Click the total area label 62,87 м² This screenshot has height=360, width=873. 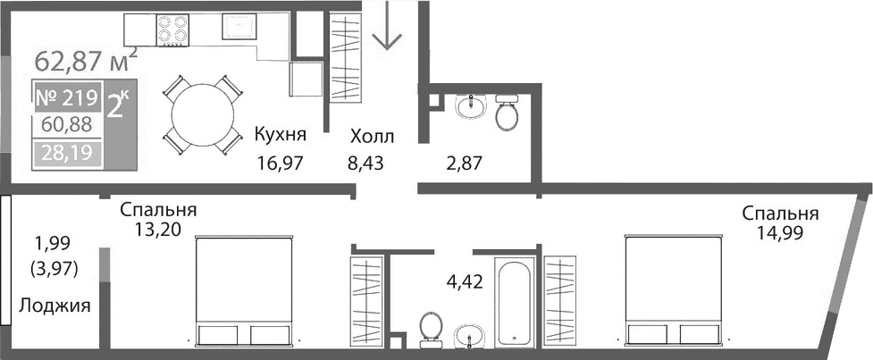85,61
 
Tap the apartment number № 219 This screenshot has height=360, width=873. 68,96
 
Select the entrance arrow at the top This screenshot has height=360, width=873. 388,27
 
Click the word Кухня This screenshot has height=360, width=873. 281,136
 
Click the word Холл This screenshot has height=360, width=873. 372,137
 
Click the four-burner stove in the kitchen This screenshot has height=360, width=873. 176,30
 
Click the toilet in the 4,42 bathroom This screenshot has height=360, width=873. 430,328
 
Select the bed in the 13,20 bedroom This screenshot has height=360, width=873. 243,290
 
